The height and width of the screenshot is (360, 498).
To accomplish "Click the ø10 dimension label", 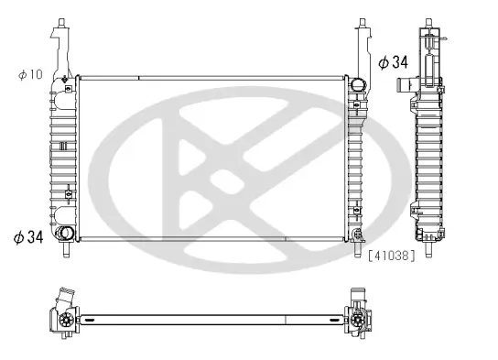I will click(x=30, y=73).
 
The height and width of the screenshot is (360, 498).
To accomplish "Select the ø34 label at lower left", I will click(x=29, y=237).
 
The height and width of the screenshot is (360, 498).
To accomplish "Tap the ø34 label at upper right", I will click(x=394, y=62).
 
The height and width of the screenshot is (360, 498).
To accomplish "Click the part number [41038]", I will click(x=393, y=256).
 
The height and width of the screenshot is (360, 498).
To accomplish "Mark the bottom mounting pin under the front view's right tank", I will click(x=355, y=246).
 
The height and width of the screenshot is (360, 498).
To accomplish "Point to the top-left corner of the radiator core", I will click(x=80, y=76).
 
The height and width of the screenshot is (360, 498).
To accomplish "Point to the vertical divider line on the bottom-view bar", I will click(x=286, y=320).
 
